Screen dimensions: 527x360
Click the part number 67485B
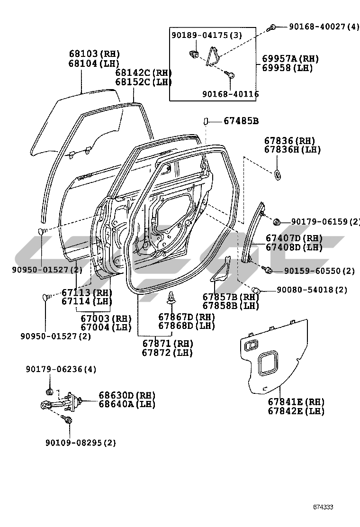pyautogui.click(x=241, y=121)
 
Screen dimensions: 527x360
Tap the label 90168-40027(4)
pyautogui.click(x=324, y=27)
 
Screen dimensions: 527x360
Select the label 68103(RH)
pyautogui.click(x=94, y=54)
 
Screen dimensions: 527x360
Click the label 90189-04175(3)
pyautogui.click(x=207, y=35)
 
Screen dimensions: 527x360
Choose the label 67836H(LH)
pyautogui.click(x=292, y=150)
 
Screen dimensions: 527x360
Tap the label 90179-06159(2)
pyautogui.click(x=326, y=221)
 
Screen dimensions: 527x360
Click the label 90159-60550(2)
pyautogui.click(x=319, y=271)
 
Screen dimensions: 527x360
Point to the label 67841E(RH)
pyautogui.click(x=296, y=402)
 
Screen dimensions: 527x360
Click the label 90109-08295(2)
pyautogui.click(x=81, y=443)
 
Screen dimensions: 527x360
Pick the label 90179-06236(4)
pyautogui.click(x=61, y=369)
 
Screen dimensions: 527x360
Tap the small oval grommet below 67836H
pyautogui.click(x=277, y=175)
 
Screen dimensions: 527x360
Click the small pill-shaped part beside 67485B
pyautogui.click(x=206, y=121)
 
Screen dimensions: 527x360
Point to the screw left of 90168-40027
pyautogui.click(x=273, y=27)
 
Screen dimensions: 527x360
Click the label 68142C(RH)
pyautogui.click(x=144, y=73)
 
